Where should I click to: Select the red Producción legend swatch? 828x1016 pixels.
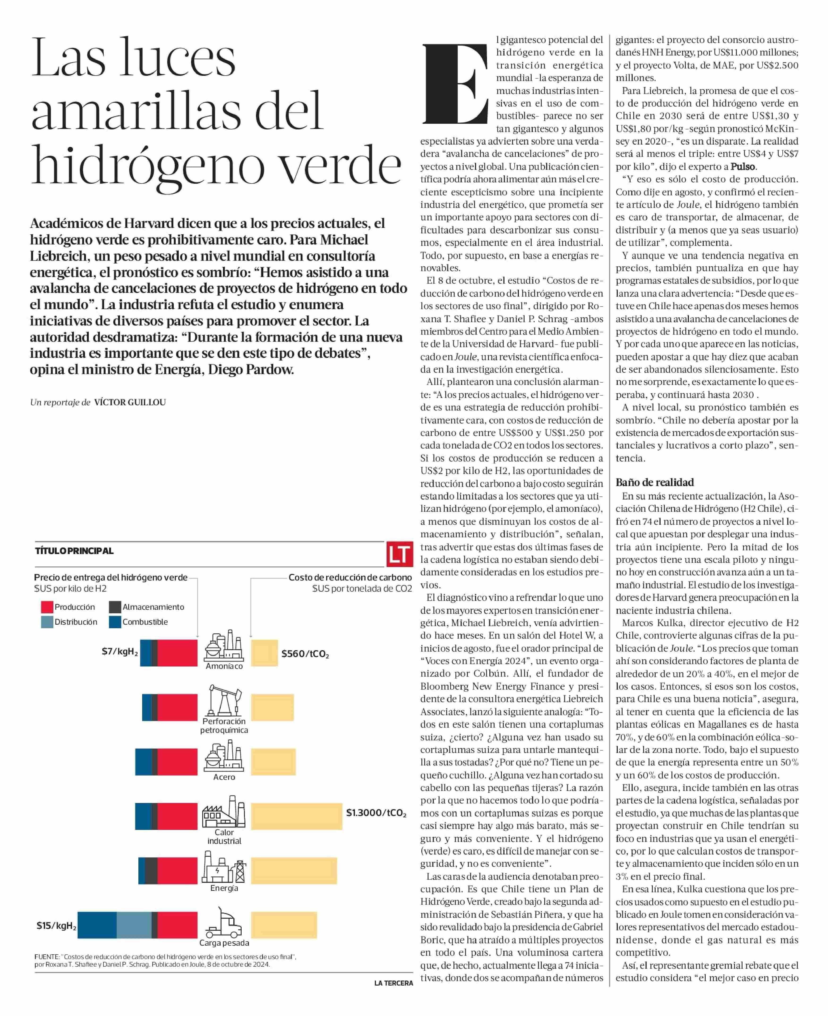[47, 607]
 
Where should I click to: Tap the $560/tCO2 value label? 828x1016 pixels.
[305, 654]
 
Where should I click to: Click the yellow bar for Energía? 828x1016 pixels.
[294, 871]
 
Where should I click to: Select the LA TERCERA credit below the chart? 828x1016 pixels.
[393, 983]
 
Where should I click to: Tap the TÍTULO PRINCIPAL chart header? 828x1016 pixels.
[74, 551]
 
